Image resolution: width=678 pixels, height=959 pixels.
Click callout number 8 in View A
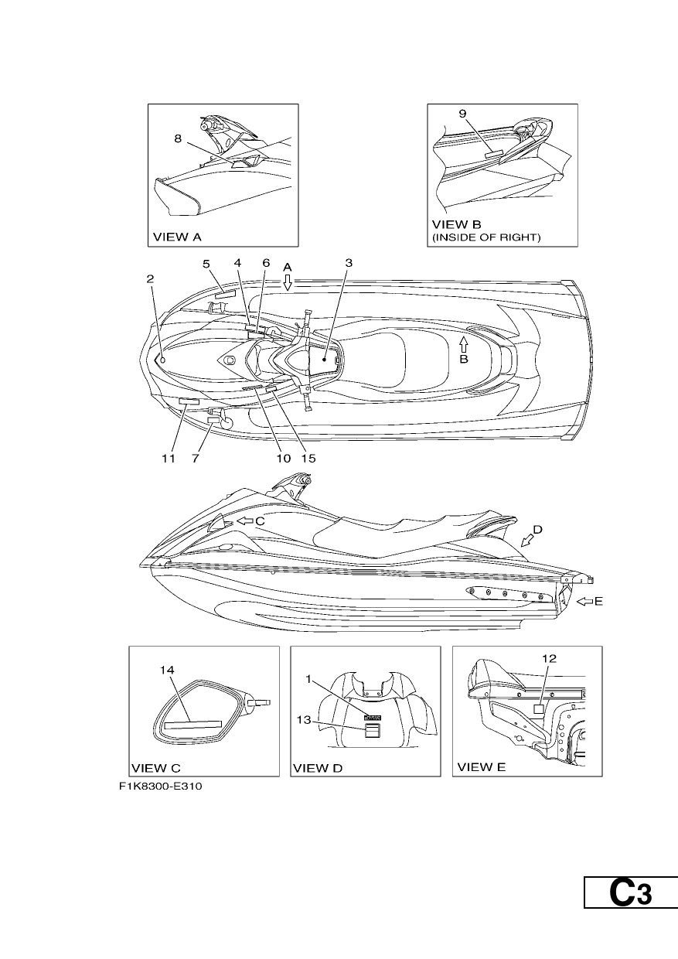pos(178,138)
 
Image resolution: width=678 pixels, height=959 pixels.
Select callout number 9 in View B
pos(462,114)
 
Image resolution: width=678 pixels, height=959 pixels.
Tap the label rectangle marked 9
pos(492,155)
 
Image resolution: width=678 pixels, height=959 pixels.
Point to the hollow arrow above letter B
pos(464,345)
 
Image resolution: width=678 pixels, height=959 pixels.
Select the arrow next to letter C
pos(245,521)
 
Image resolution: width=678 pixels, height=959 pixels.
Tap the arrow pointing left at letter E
pos(585,602)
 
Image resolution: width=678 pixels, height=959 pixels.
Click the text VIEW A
pos(177,237)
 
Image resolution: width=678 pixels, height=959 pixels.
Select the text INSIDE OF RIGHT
pos(487,237)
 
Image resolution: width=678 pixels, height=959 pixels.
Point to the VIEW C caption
pos(156,768)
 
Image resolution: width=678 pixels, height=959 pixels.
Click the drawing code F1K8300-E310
pos(161,787)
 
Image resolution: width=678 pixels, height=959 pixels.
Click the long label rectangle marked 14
pos(193,725)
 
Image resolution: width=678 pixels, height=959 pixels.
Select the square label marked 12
pos(539,709)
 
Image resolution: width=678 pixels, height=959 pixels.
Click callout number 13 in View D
pos(304,720)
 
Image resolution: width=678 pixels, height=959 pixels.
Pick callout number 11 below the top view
pos(169,459)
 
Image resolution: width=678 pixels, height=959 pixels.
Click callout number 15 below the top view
pos(308,459)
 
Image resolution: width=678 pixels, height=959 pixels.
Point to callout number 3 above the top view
pos(349,263)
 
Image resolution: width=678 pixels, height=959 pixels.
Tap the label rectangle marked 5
pos(225,294)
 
